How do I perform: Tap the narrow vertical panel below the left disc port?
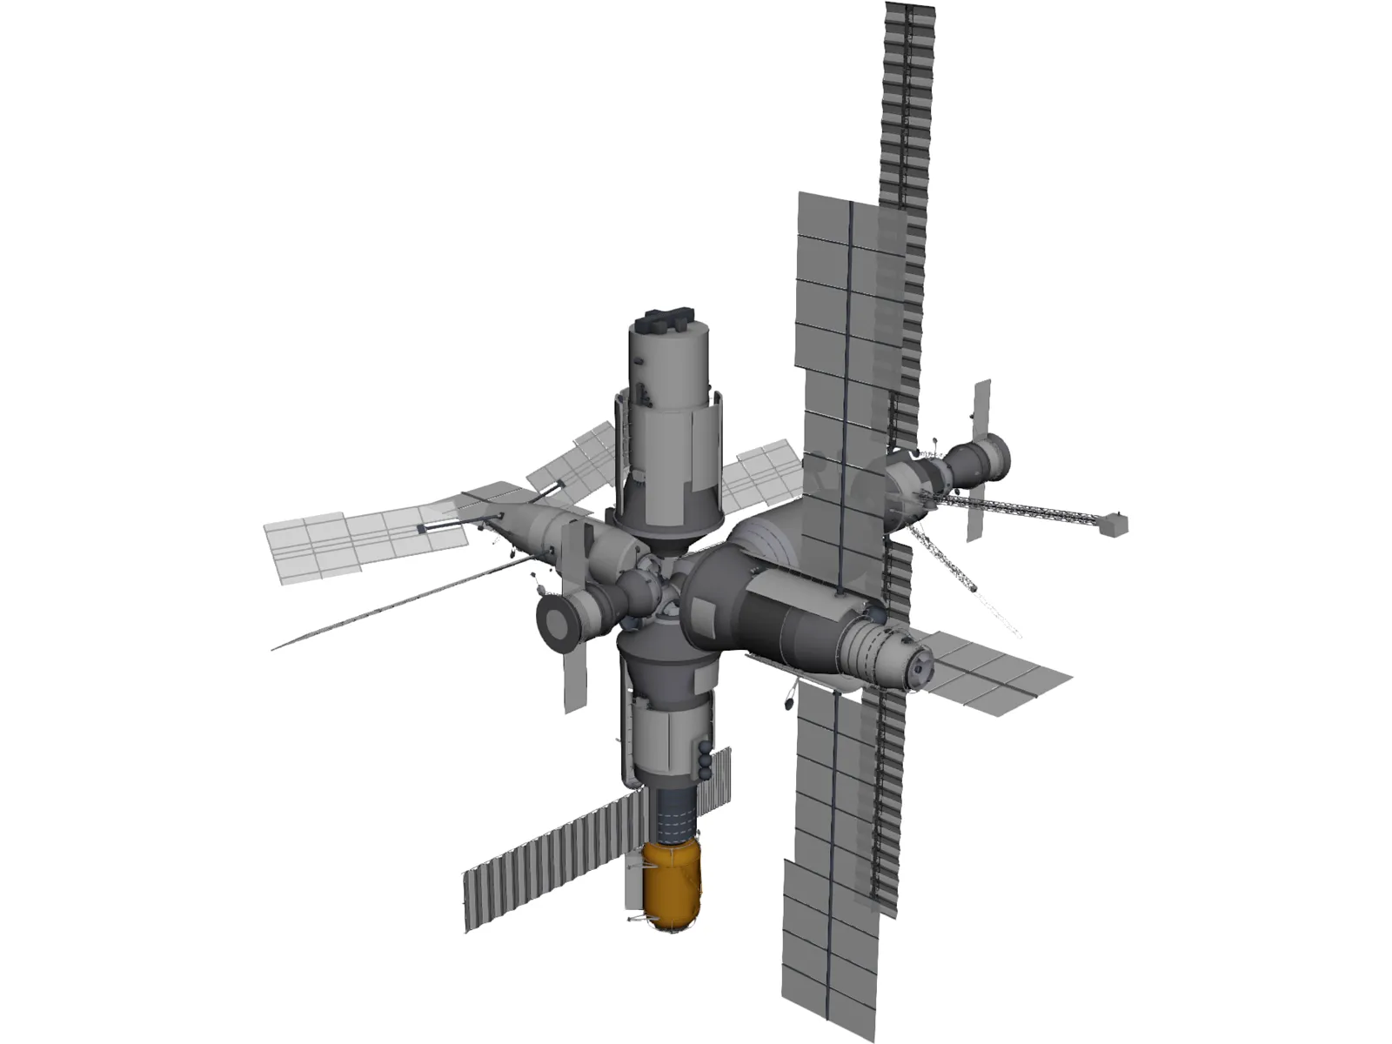point(573,679)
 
